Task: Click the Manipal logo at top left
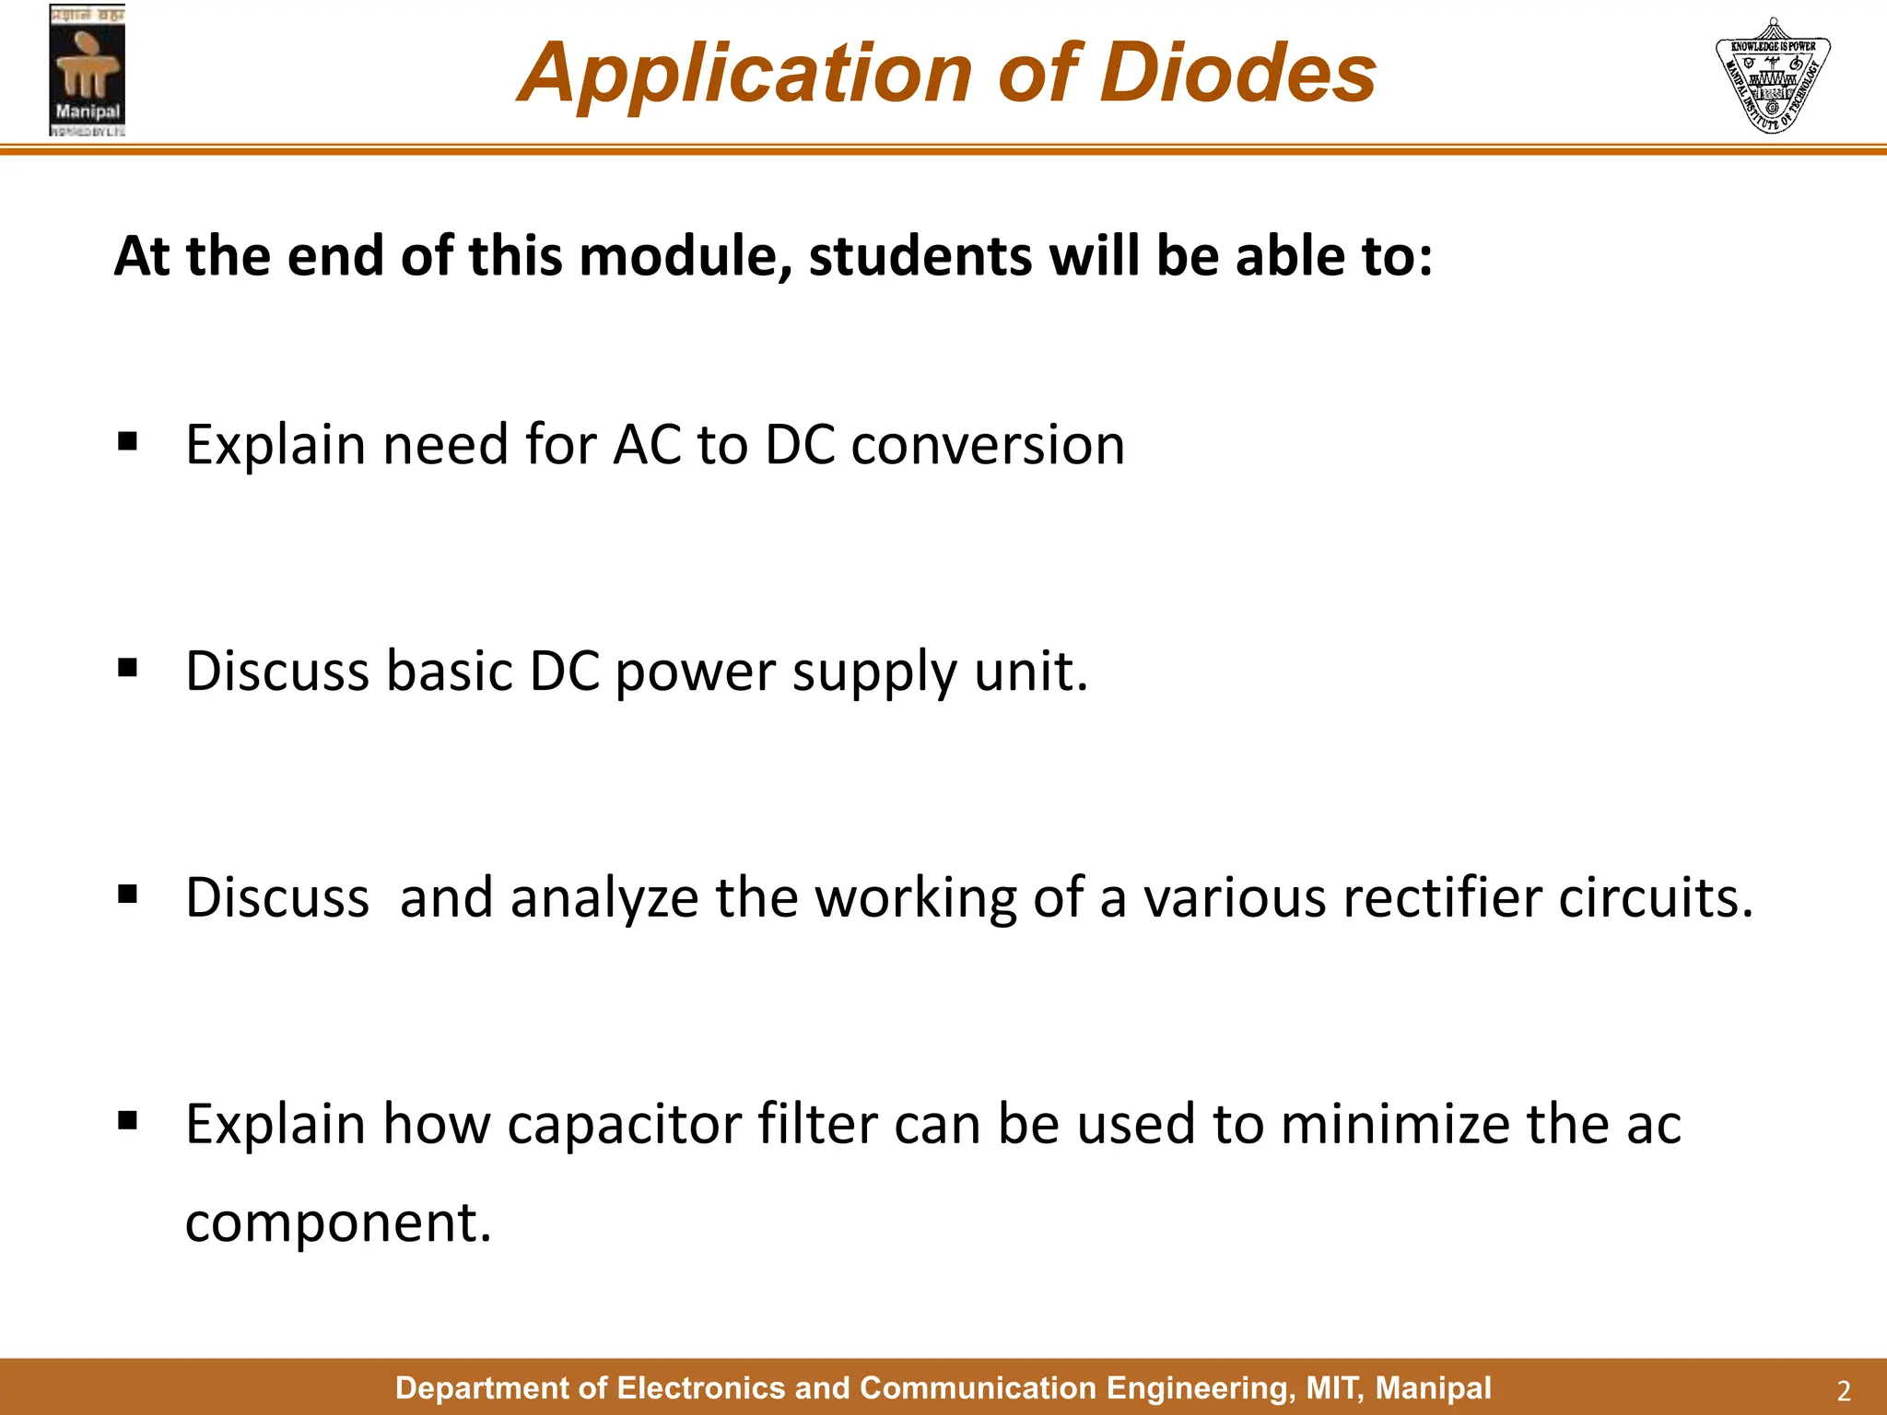click(87, 70)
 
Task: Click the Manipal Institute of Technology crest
click(1772, 76)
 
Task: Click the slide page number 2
click(1844, 1390)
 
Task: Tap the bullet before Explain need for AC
click(128, 441)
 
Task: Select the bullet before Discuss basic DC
click(128, 667)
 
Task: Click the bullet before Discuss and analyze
click(128, 894)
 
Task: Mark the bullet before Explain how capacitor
click(128, 1120)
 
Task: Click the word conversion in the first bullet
click(987, 445)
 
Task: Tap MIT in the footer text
click(1330, 1388)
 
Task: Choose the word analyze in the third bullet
click(604, 898)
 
